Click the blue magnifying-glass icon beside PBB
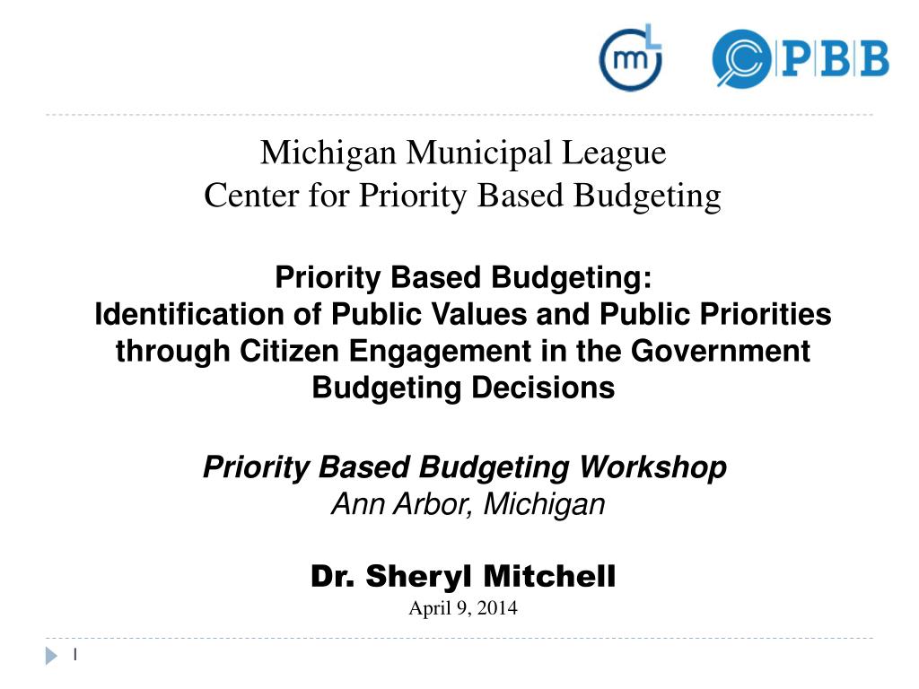740,59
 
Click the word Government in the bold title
720,351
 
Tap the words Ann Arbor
404,504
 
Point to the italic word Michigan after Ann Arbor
545,504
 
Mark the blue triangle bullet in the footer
51,657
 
